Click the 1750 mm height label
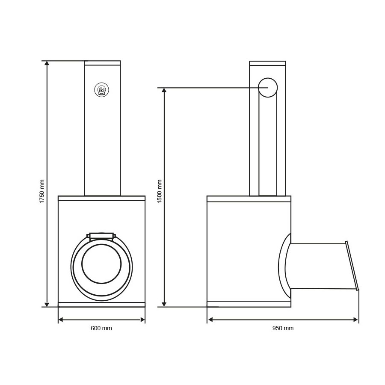(42, 192)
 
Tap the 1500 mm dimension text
(160, 192)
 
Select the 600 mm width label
(101, 328)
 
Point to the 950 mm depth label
(283, 328)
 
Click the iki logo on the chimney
(101, 90)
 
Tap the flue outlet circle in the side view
(268, 88)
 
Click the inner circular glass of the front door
(101, 264)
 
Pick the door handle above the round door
(101, 236)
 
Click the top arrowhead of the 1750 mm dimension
(47, 63)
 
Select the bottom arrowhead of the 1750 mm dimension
(47, 304)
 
